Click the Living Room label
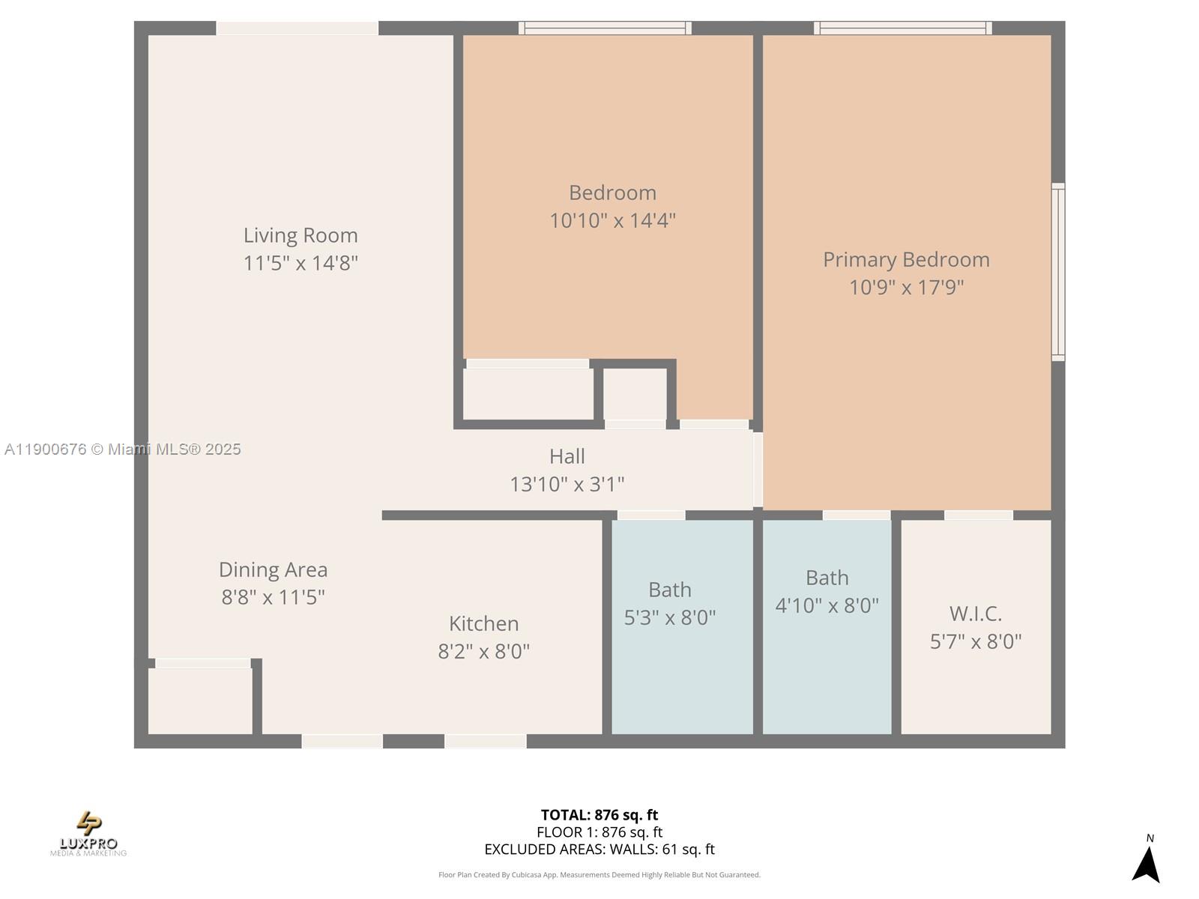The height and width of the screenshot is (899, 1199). pyautogui.click(x=300, y=235)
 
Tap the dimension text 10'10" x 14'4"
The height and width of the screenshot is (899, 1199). pyautogui.click(x=612, y=221)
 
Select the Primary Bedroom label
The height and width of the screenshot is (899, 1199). pyautogui.click(x=906, y=259)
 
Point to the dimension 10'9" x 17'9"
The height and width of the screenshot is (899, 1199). pyautogui.click(x=906, y=288)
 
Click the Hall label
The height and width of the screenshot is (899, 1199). pyautogui.click(x=567, y=456)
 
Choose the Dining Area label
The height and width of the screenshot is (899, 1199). pyautogui.click(x=273, y=569)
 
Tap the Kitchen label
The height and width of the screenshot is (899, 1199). pyautogui.click(x=483, y=623)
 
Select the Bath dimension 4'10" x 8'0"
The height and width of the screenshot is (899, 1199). pyautogui.click(x=827, y=605)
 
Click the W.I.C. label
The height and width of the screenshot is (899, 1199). pyautogui.click(x=975, y=614)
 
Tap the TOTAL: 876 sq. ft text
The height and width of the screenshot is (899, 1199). pyautogui.click(x=599, y=815)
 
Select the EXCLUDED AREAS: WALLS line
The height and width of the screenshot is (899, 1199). pyautogui.click(x=599, y=850)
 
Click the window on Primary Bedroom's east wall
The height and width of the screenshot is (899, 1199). pyautogui.click(x=1057, y=271)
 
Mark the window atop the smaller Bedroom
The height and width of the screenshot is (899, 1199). pyautogui.click(x=605, y=28)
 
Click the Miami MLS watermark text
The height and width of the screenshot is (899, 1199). pyautogui.click(x=123, y=449)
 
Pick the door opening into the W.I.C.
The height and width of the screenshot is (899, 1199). pyautogui.click(x=978, y=515)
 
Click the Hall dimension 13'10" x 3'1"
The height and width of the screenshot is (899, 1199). pyautogui.click(x=567, y=485)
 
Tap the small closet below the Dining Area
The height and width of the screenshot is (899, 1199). pyautogui.click(x=199, y=700)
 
